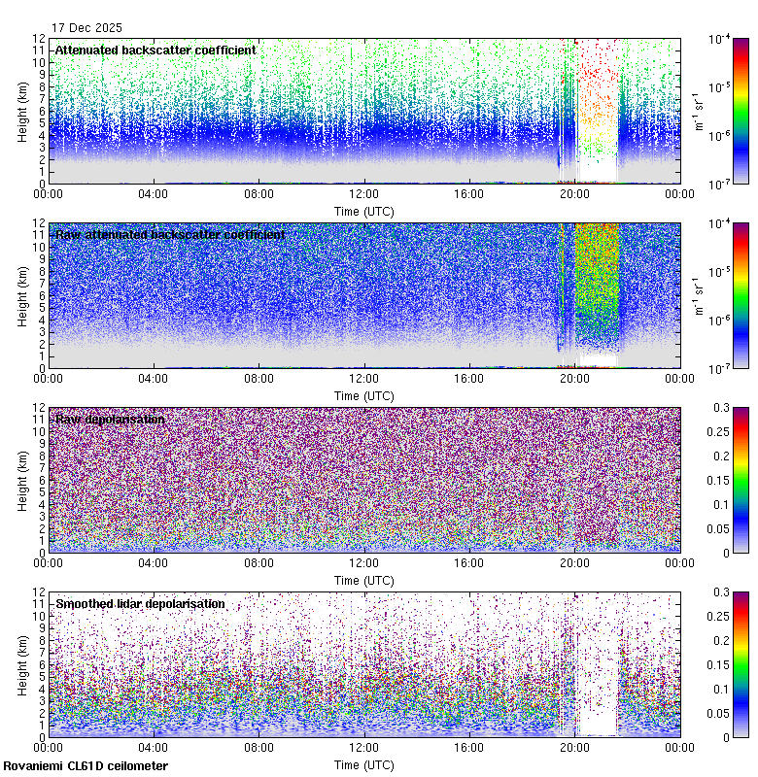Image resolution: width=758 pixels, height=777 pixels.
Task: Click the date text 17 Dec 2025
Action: coord(86,28)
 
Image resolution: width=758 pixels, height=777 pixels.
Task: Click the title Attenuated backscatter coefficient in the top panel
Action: coord(155,51)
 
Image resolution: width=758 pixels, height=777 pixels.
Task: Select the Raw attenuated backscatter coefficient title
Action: coord(170,235)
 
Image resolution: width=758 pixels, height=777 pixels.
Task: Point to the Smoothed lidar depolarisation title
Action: coord(140,604)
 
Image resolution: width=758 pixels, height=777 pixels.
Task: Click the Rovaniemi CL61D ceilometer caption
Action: coord(86,766)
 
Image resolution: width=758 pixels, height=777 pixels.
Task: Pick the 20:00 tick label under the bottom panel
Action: coord(574,749)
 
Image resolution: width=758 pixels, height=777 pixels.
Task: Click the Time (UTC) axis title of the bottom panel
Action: coord(364,764)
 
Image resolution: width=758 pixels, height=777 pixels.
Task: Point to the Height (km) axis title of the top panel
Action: coord(22,111)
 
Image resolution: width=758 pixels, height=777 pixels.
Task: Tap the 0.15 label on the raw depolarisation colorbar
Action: coord(724,481)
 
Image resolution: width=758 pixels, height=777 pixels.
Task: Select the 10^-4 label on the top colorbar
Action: coord(721,39)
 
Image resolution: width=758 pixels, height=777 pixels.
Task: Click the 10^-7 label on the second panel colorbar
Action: coord(721,368)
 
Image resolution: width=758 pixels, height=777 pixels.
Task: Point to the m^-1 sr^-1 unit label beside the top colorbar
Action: coord(697,111)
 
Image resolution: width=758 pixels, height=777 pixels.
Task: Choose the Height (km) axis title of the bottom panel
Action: coord(22,664)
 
